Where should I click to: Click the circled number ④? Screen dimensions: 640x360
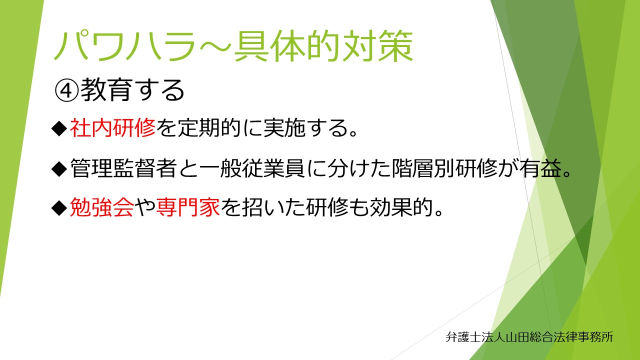coord(66,91)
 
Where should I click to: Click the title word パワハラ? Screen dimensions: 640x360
coord(125,46)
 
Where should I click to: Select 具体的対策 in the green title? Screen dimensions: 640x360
coord(323,46)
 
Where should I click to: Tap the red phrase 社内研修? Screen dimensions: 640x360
coord(113,127)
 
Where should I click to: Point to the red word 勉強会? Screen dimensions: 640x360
coord(102,207)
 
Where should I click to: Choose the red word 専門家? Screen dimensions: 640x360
coord(188,207)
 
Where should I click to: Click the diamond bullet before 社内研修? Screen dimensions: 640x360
coord(59,128)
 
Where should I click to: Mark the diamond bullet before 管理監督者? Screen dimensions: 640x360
coord(59,168)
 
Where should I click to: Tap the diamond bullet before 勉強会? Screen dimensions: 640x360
coord(59,208)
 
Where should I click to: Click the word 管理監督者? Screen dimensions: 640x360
coord(123,168)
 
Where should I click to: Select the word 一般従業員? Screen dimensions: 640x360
coord(252,168)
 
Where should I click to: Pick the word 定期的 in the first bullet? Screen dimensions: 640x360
coord(209,127)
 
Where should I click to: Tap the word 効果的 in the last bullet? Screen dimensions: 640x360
coord(402,207)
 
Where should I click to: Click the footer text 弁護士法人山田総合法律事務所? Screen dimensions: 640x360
coord(529,337)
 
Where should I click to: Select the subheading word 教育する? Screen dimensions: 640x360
coord(132,90)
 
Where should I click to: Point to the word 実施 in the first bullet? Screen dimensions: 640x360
coord(284,127)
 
